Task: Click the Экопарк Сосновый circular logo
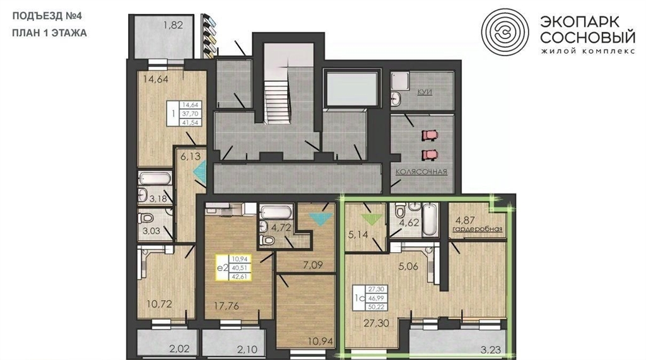tap(505, 32)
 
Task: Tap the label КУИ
tap(425, 92)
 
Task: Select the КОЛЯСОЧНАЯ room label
tap(421, 171)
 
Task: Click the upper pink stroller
tap(430, 135)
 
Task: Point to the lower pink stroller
tap(430, 155)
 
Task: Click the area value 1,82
tap(173, 25)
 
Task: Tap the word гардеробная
tap(478, 229)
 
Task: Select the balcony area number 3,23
tap(491, 351)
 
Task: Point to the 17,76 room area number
tap(226, 306)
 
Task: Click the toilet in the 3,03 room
tap(146, 218)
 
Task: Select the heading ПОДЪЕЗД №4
tap(47, 16)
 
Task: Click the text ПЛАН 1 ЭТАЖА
tap(49, 33)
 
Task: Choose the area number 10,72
tap(159, 305)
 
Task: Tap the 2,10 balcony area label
tap(247, 350)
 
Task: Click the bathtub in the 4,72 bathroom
tap(277, 212)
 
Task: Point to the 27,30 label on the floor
tap(376, 323)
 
